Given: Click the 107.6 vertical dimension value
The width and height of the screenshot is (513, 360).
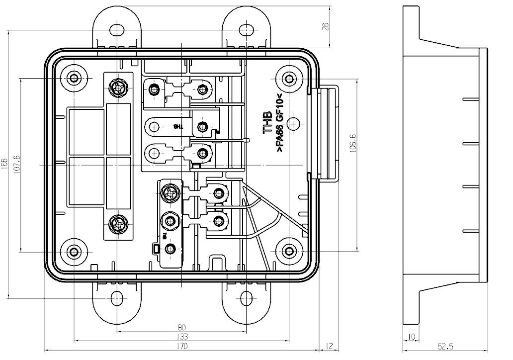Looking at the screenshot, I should point(16,164).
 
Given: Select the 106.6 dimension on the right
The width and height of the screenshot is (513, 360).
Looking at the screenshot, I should point(352,141).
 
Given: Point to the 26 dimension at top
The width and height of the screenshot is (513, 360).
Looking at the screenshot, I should point(326,26).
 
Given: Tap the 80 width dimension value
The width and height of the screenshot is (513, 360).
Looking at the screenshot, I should point(181,327).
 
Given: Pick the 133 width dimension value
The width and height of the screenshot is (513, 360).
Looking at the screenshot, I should point(181,337).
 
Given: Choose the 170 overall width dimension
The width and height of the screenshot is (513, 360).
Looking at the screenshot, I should point(181,346).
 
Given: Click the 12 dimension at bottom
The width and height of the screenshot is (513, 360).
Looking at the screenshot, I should point(329,346).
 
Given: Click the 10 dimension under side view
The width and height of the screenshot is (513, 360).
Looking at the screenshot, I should point(411,337).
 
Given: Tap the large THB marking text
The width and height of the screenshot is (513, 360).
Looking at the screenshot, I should point(267,122).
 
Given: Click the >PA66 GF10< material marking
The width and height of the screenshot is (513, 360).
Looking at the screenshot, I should point(279,124).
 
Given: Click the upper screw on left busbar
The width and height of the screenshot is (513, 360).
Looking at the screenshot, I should point(118,89).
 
